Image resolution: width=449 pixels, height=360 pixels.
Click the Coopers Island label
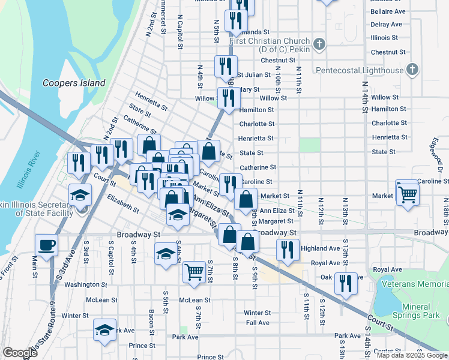(74, 83)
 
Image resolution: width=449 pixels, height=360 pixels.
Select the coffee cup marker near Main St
(47, 245)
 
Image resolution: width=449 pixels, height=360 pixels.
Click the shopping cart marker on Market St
(407, 193)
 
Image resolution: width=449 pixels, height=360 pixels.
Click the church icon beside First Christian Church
(319, 44)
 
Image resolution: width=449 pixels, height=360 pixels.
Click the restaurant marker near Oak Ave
(345, 284)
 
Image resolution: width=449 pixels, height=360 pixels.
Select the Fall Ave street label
(258, 323)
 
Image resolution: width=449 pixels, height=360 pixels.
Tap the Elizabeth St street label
(122, 203)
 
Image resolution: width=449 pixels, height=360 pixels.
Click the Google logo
(20, 353)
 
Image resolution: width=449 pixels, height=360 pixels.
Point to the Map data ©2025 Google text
(411, 355)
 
